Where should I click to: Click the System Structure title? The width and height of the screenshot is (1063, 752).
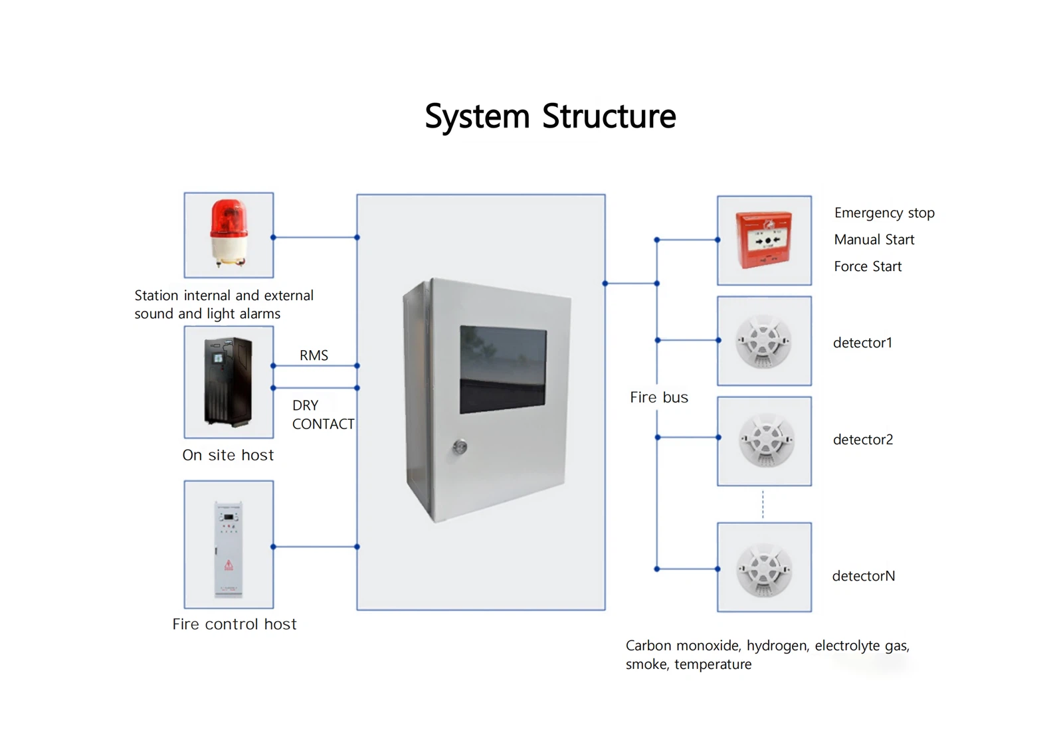coord(550,117)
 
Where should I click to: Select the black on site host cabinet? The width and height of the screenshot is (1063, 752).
coord(228,381)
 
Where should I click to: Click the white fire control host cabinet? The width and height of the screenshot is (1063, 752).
coord(228,549)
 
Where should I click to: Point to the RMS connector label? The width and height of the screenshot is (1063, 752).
coord(314,355)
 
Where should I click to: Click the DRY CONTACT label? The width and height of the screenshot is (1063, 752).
coord(323,415)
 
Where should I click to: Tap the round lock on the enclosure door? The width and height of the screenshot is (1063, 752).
coord(460,446)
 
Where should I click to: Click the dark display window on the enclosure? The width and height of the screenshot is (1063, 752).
coord(503,369)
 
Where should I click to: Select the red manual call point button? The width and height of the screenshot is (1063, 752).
coord(765,239)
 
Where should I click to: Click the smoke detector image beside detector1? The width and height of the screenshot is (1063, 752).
coord(764,341)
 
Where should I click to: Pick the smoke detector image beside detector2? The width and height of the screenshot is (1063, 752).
coord(765,440)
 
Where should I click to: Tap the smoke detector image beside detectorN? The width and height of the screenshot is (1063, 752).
coord(764,569)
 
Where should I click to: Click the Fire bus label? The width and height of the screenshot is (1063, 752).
coord(659,397)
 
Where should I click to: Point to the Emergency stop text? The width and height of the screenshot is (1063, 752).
coord(884,213)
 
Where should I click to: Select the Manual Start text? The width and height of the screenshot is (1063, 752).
coord(874,240)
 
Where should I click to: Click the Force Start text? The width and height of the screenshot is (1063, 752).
coord(868,266)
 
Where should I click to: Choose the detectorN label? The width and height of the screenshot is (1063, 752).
coord(864,576)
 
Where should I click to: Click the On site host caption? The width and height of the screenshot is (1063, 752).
coord(228,455)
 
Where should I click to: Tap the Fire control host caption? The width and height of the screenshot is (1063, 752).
coord(234,624)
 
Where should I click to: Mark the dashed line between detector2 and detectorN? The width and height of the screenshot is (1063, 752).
coord(763,504)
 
